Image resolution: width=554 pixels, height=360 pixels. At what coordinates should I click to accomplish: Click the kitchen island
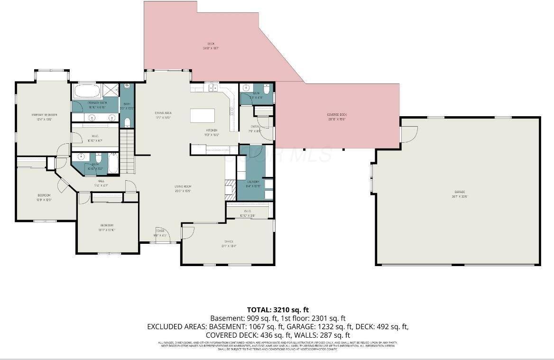tap(202, 116)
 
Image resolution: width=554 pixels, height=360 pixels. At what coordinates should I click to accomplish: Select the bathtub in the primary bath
tap(86, 91)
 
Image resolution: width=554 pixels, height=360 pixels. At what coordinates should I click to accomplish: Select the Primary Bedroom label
tap(44, 117)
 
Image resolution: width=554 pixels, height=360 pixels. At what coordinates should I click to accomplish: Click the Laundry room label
tap(253, 184)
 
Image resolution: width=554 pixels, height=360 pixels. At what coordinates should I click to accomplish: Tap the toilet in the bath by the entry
tap(267, 88)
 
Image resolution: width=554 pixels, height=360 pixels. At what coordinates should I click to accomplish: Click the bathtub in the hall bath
tap(114, 163)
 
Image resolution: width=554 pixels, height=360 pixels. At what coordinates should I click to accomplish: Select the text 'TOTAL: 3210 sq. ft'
tap(277, 310)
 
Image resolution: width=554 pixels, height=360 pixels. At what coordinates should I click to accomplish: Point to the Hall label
tap(102, 181)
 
